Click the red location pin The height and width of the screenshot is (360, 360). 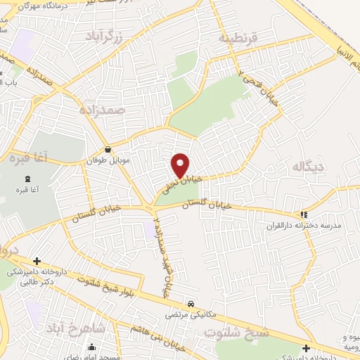(181, 165)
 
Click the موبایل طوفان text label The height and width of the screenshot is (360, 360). (108, 161)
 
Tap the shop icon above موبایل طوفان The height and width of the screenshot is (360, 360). (108, 150)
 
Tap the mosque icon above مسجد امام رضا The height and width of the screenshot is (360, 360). (92, 346)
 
